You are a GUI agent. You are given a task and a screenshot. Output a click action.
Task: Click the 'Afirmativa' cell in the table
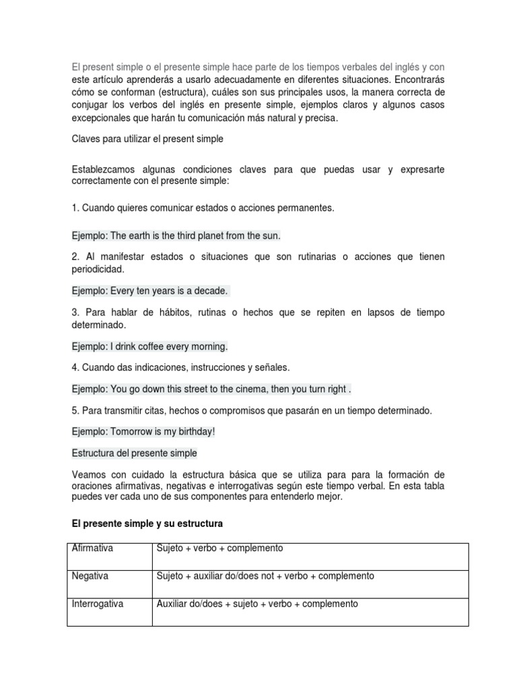pos(92,548)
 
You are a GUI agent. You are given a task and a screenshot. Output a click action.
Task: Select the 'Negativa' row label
pos(90,577)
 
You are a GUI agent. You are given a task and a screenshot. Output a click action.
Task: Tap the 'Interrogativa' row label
pos(98,604)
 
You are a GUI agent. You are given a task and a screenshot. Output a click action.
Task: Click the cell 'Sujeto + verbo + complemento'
pos(219,548)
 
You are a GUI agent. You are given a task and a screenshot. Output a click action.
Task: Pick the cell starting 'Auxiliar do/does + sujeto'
pos(257,604)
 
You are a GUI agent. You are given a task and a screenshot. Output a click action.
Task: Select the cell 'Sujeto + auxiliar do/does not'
pos(265,577)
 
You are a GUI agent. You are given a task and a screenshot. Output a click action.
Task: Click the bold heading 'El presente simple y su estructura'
pos(147,524)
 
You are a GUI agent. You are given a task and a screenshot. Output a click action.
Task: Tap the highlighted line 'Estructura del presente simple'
pos(135,453)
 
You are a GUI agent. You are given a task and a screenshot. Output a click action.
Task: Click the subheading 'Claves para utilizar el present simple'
pos(147,139)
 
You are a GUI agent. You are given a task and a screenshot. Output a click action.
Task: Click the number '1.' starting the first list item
pos(75,208)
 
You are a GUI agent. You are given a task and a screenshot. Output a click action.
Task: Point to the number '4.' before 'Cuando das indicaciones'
pos(75,368)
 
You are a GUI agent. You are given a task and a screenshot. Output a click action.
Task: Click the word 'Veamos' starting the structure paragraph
pos(88,475)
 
